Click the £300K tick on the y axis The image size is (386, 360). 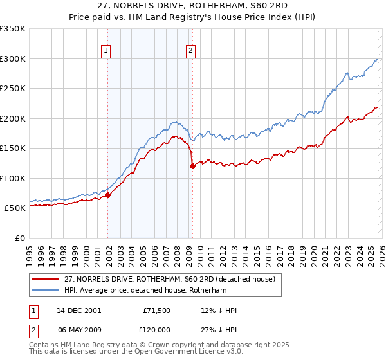tap(13, 59)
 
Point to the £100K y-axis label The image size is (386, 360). tap(13, 178)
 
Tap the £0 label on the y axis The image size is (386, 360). tap(19, 238)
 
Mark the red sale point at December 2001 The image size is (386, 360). tap(108, 195)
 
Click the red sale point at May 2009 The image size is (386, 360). tap(192, 166)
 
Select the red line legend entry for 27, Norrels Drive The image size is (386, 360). tap(170, 279)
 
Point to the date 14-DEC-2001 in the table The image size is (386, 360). tap(78, 310)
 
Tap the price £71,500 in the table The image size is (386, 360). tap(156, 310)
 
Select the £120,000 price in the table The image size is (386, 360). tap(156, 328)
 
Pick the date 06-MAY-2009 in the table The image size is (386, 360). tap(78, 328)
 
